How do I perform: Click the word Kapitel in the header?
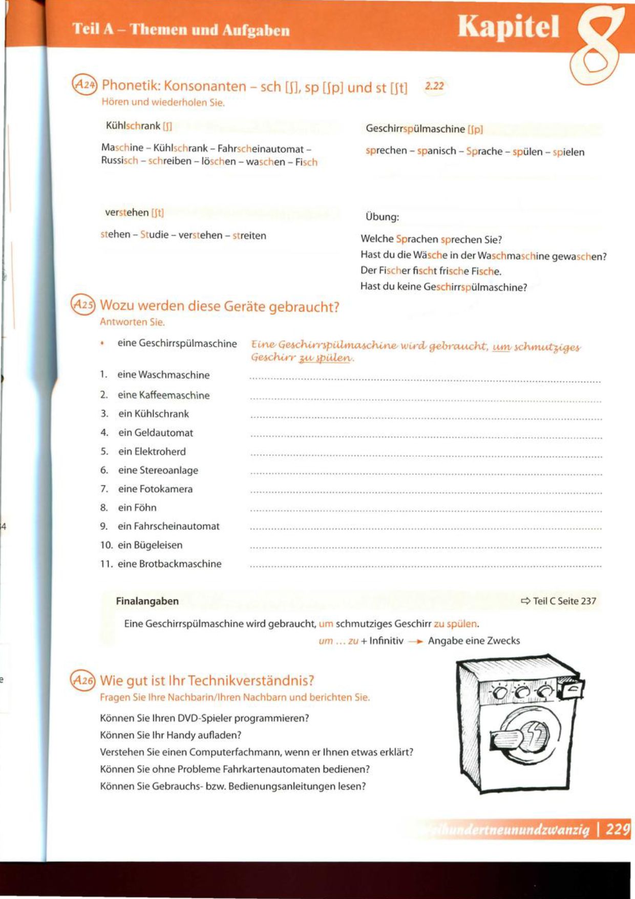pos(508,27)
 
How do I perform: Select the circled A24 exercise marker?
pos(84,84)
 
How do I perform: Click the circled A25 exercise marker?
pos(83,304)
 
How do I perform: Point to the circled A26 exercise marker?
pos(83,680)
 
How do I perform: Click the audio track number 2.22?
pos(434,86)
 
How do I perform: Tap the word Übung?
pos(382,217)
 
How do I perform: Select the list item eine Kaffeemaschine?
pos(163,395)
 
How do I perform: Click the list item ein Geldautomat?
pos(156,433)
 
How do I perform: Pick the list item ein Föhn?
pos(137,507)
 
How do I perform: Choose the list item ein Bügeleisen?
pos(150,545)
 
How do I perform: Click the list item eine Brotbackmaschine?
pos(170,564)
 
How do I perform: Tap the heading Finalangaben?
pos(147,601)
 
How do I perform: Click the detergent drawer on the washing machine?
pos(571,690)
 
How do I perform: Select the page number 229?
pos(618,829)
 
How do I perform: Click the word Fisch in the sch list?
pos(306,162)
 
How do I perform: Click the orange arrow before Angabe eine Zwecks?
pos(415,641)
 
